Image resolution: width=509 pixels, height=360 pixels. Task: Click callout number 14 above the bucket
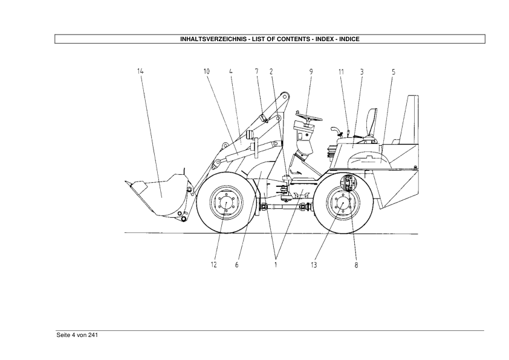tap(140, 71)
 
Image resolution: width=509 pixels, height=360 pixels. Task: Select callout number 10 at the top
tap(207, 71)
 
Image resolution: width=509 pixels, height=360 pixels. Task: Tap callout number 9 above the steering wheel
tap(311, 71)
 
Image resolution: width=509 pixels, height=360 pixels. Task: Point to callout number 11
tap(341, 71)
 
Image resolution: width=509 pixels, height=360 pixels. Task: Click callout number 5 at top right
tap(394, 72)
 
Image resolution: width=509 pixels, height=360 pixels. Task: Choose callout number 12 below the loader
tap(213, 265)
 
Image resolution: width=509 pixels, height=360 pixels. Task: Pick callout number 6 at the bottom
tap(236, 265)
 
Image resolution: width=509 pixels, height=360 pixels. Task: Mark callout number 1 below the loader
tap(276, 265)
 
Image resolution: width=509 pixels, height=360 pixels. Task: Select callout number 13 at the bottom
tap(314, 265)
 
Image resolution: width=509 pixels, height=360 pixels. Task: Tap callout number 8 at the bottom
tap(356, 265)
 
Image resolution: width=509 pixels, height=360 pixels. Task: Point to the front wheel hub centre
tap(226, 203)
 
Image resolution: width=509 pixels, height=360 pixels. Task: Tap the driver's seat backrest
tap(372, 123)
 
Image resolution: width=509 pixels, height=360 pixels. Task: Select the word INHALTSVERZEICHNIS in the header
tap(213, 39)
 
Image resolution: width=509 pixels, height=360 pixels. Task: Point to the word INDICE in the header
tap(349, 39)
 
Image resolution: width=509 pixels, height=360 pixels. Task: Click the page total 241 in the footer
tap(93, 335)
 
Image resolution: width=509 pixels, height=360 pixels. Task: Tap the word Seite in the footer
tap(63, 335)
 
